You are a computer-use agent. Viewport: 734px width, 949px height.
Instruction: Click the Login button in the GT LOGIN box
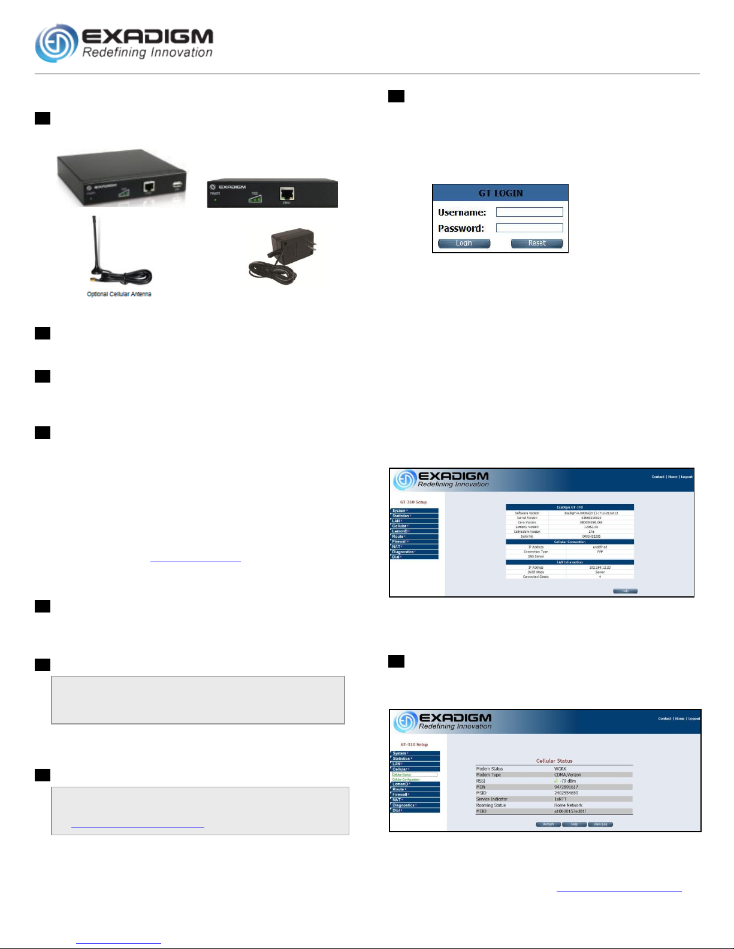pyautogui.click(x=464, y=243)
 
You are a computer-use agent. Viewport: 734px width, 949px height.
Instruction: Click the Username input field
pyautogui.click(x=529, y=212)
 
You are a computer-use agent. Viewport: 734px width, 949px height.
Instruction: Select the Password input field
pyautogui.click(x=529, y=228)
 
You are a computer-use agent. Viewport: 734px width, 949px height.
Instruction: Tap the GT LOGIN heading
pyautogui.click(x=500, y=193)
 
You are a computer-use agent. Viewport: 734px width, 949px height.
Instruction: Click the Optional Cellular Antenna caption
pyautogui.click(x=119, y=294)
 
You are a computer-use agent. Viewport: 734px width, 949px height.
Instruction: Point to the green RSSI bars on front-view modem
pyautogui.click(x=255, y=198)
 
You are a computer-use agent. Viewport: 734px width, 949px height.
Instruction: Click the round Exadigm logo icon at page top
pyautogui.click(x=56, y=43)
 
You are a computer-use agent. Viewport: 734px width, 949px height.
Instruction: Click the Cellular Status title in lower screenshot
pyautogui.click(x=554, y=761)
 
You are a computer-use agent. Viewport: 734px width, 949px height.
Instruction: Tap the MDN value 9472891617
pyautogui.click(x=566, y=787)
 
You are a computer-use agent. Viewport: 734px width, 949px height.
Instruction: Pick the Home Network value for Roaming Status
pyautogui.click(x=568, y=805)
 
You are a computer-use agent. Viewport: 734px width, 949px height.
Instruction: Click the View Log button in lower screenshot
pyautogui.click(x=600, y=824)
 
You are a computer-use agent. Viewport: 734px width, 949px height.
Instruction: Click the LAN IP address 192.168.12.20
pyautogui.click(x=599, y=567)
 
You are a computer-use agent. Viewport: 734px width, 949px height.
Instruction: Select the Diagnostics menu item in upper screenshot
pyautogui.click(x=403, y=552)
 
